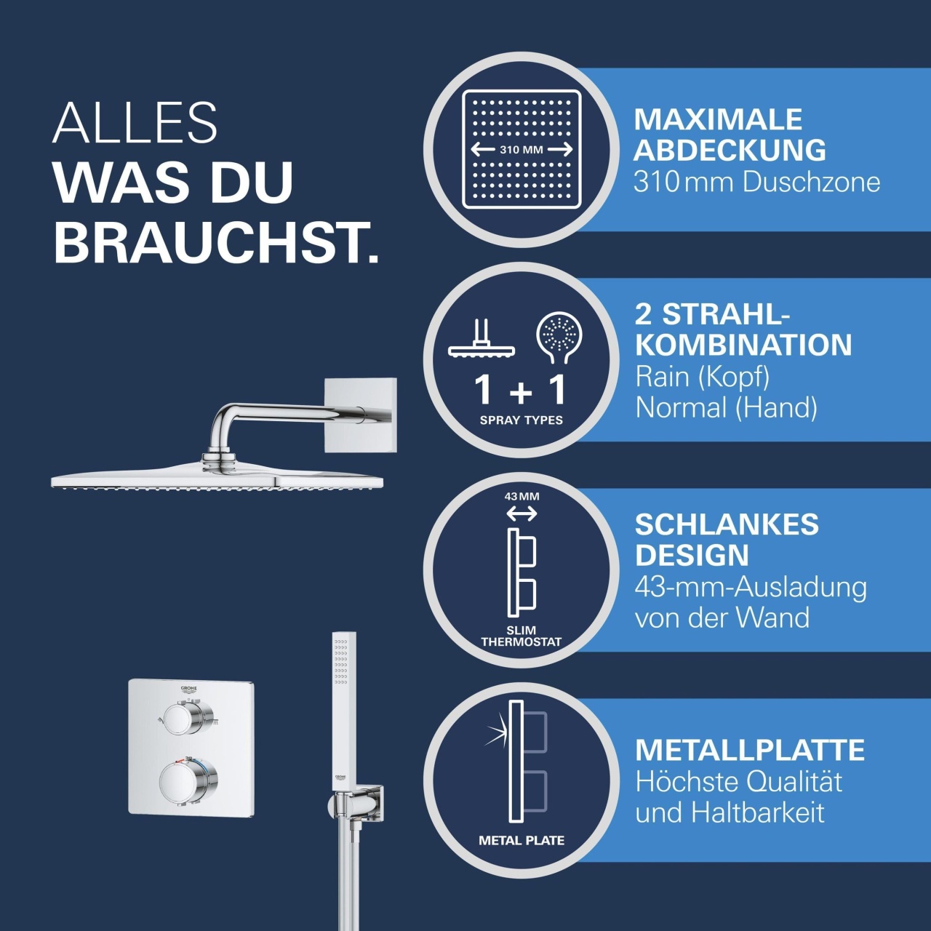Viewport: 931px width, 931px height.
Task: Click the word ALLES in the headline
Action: pos(135,123)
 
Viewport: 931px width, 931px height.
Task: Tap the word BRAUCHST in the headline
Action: pos(209,242)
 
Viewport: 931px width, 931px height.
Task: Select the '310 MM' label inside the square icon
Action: pos(522,150)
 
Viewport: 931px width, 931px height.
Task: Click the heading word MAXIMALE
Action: pos(717,119)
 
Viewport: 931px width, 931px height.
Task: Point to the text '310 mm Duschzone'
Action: pos(756,183)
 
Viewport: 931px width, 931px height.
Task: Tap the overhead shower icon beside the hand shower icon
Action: pos(482,338)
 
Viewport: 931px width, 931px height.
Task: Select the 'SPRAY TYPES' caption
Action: pos(522,420)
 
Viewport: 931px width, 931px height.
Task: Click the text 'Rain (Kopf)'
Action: pos(702,377)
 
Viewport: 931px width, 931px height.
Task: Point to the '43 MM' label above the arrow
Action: pos(522,496)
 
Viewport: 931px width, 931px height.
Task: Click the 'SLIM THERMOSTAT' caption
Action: pos(522,636)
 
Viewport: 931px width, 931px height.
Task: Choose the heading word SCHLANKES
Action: pos(727,524)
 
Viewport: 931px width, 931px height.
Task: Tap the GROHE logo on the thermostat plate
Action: pos(188,690)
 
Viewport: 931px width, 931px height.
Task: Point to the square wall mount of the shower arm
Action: pos(361,415)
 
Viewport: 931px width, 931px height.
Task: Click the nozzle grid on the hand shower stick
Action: pos(341,661)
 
